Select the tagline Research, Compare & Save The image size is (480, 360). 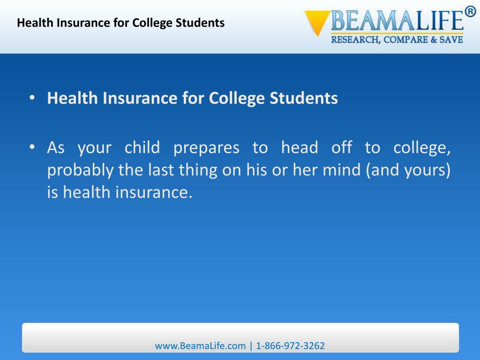(397, 39)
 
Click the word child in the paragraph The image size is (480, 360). (142, 148)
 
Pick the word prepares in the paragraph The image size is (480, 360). (206, 148)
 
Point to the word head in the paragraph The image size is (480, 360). (300, 148)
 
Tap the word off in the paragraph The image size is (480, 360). (341, 148)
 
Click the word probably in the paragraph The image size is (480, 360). (80, 171)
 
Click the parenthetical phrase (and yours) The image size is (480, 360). (408, 171)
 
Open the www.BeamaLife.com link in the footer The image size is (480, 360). (200, 346)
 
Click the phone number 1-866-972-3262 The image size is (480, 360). (290, 346)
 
